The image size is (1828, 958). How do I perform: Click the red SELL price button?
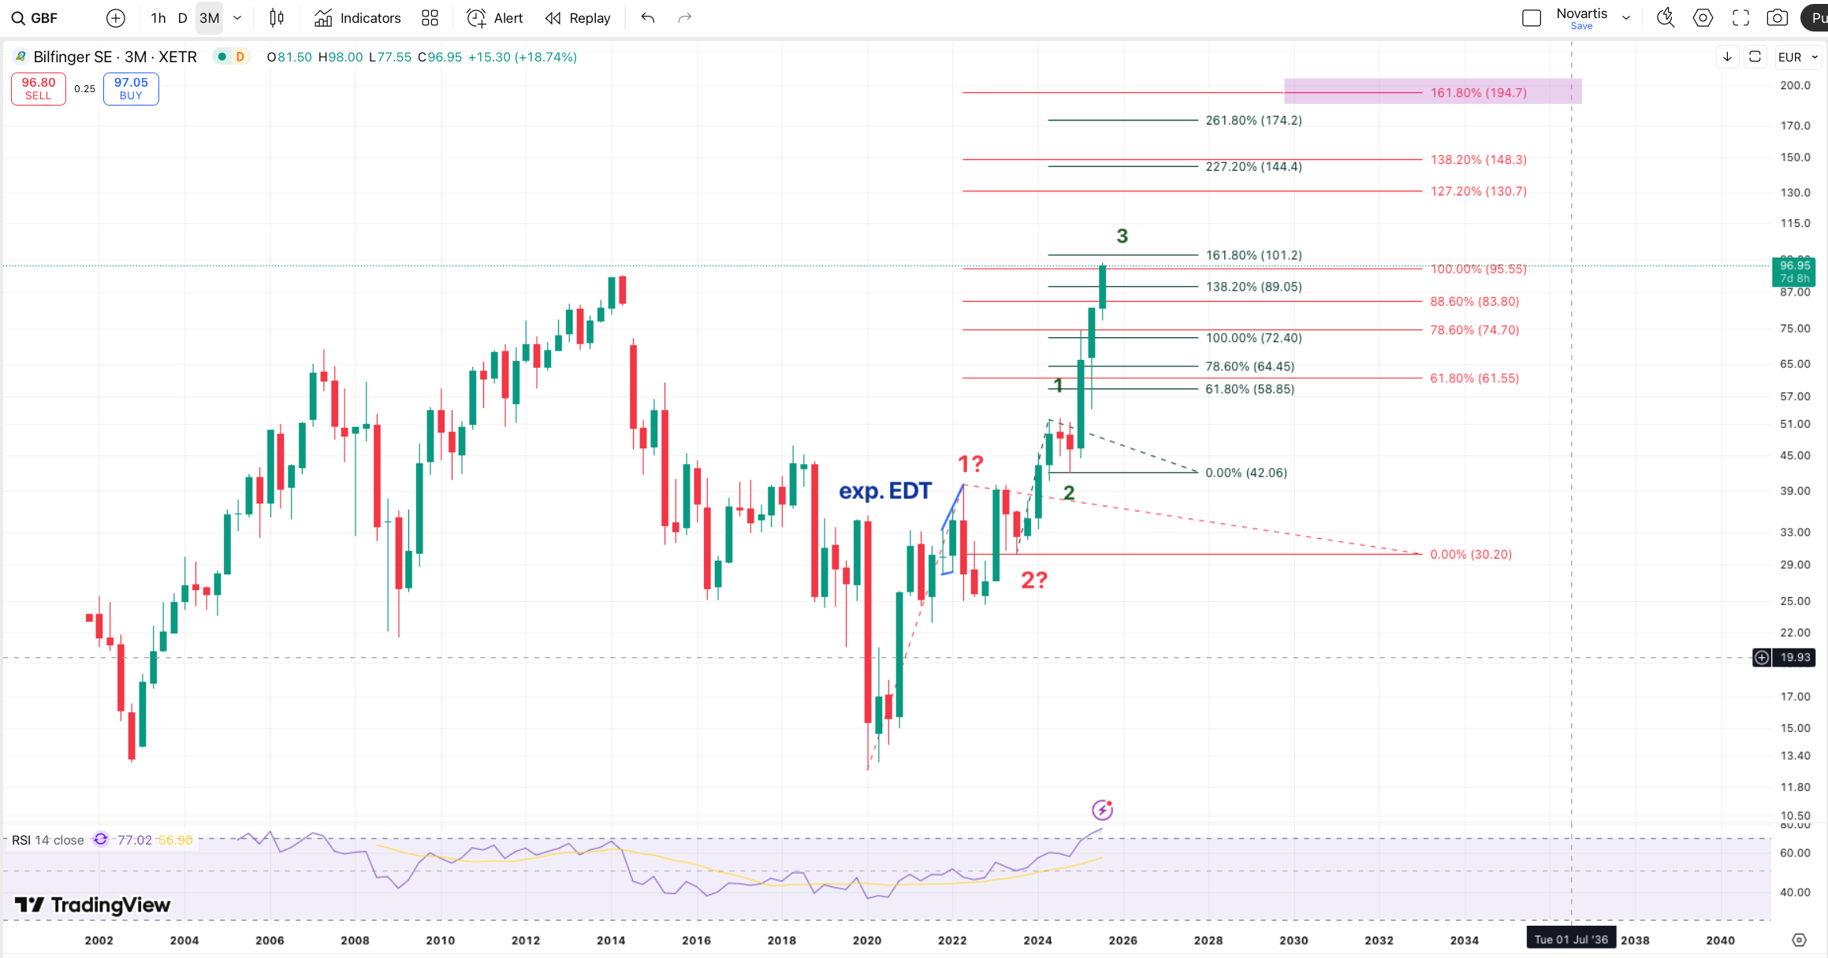point(38,88)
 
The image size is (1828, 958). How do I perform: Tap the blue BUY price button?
point(131,88)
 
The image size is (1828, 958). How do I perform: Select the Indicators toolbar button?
point(358,18)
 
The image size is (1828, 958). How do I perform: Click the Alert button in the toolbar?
point(494,18)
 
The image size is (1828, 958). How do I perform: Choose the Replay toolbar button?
point(578,18)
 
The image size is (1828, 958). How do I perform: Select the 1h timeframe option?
point(158,18)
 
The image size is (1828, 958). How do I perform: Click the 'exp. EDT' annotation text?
point(884,491)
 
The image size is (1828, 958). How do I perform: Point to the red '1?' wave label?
point(970,463)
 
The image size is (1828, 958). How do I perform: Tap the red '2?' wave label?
point(1033,581)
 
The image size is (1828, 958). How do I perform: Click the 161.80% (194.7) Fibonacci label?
point(1478,93)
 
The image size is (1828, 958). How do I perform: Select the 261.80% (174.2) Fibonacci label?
point(1253,121)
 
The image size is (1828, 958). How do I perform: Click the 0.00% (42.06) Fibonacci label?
point(1245,473)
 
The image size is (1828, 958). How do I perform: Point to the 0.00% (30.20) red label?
point(1470,555)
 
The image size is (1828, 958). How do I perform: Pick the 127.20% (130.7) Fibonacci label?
point(1478,191)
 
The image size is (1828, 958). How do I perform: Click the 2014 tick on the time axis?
point(611,940)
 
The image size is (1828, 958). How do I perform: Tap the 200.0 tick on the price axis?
point(1795,85)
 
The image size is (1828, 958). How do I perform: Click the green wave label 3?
point(1122,236)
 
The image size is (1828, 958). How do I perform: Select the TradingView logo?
point(93,905)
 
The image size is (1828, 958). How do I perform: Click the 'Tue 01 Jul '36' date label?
point(1570,939)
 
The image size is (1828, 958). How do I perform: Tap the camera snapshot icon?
point(1777,18)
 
